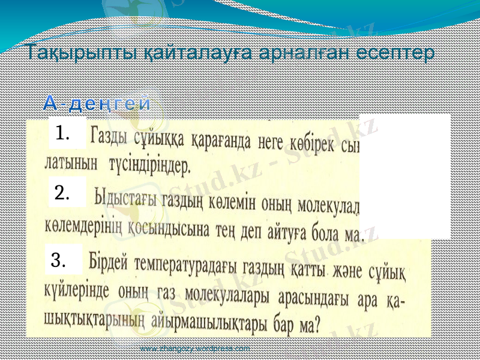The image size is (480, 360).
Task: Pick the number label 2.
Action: (x=62, y=193)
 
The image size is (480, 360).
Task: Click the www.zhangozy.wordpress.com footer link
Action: (x=195, y=349)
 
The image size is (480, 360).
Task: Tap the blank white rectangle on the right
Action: (x=405, y=176)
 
